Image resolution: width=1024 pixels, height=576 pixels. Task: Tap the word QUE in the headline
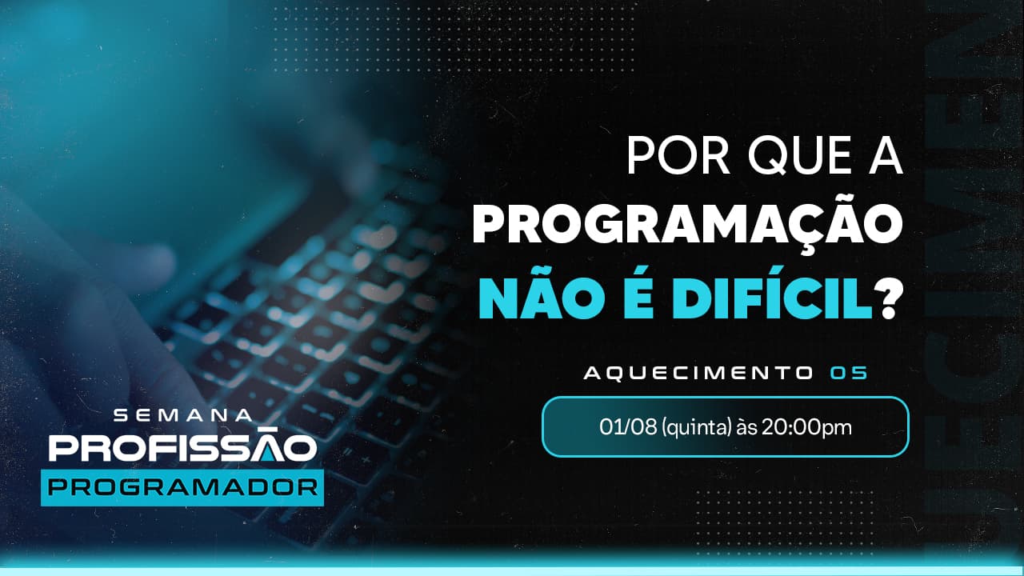[793, 155]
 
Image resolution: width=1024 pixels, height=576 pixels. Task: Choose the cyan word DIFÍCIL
[768, 296]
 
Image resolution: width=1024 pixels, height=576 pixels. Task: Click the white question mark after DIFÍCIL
[888, 298]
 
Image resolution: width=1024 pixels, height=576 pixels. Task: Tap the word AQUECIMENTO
[696, 373]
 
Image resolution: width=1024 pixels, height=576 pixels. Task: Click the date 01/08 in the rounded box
[622, 427]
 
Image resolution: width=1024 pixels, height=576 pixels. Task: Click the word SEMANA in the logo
[183, 416]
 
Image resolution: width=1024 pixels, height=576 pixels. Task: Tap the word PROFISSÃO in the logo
[182, 449]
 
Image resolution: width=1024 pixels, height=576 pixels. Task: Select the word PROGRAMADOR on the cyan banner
[182, 487]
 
